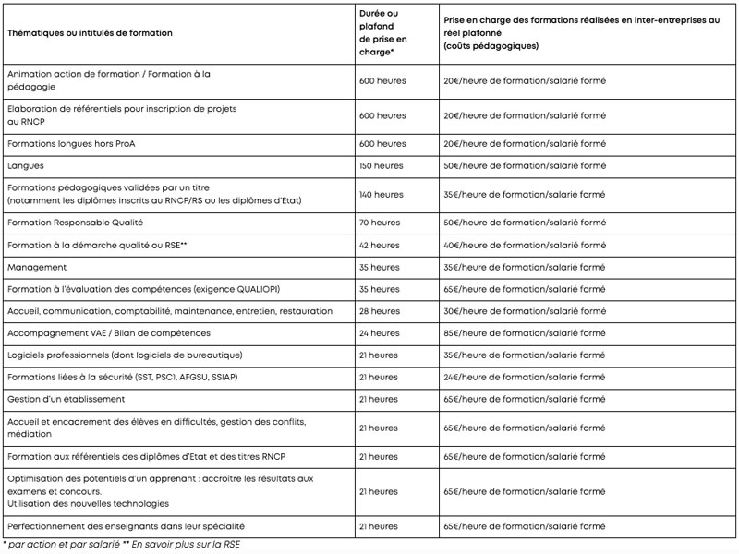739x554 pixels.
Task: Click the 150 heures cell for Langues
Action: coord(381,166)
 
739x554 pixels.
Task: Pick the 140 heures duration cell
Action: coord(381,194)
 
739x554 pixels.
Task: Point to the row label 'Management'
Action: coord(37,267)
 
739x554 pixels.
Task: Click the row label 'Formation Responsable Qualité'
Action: coord(75,223)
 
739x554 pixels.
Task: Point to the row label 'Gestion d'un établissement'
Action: coord(66,399)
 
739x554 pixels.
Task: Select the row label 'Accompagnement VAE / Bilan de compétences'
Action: coord(108,332)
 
